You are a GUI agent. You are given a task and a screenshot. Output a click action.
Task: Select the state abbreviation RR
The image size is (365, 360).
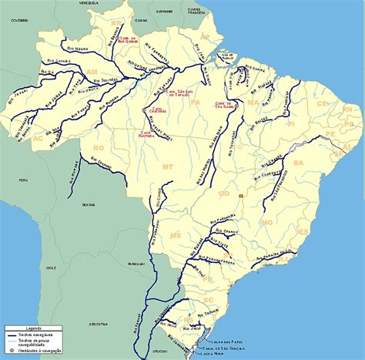click(x=116, y=24)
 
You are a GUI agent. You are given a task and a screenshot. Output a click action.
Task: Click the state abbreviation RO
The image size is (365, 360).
click(x=98, y=146)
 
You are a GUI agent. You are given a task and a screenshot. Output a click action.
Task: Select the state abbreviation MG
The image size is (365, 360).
click(x=267, y=222)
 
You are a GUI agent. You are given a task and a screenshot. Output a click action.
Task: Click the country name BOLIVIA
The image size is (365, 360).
click(x=90, y=205)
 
